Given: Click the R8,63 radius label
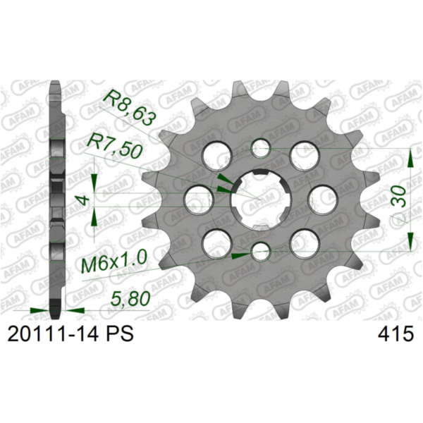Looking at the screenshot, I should click(x=129, y=108).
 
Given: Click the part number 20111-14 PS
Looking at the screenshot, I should click(x=68, y=335).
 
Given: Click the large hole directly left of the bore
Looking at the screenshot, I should click(x=198, y=200).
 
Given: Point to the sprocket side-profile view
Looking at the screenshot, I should click(x=57, y=197).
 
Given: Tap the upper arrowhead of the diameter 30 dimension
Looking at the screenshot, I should click(x=412, y=157).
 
